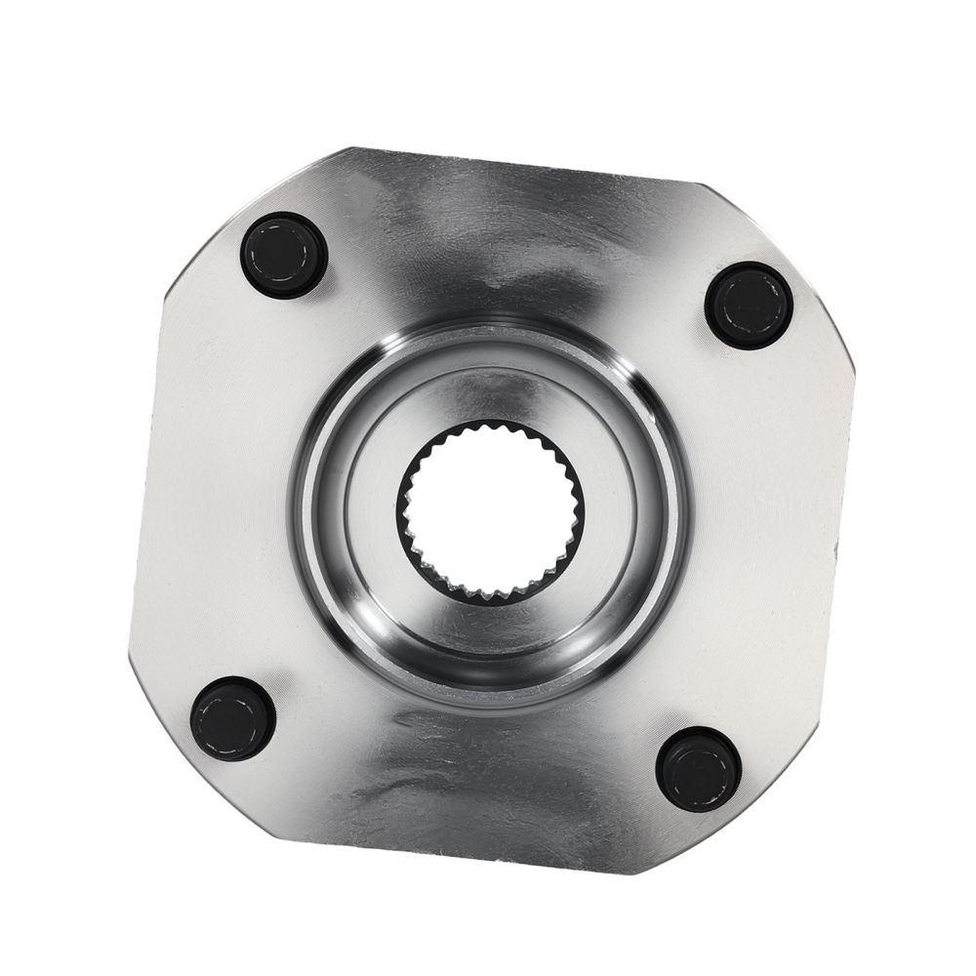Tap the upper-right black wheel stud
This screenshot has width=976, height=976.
[749, 305]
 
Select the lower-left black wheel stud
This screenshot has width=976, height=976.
[232, 718]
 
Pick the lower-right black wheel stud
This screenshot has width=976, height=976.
[699, 768]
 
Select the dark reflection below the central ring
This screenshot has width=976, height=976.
[468, 771]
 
